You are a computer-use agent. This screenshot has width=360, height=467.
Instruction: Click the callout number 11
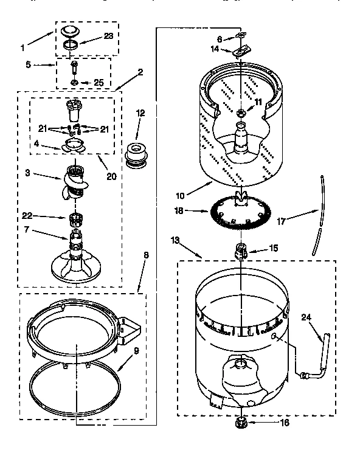click(x=258, y=102)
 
